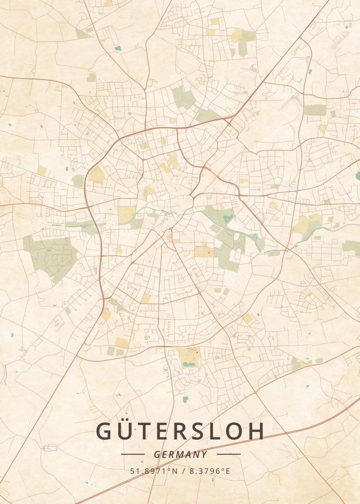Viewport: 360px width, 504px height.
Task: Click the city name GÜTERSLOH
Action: pos(181,431)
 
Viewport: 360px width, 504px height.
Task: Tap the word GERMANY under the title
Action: pos(181,454)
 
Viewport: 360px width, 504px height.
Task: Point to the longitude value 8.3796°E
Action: pos(210,471)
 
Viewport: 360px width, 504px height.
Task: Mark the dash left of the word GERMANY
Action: pos(132,454)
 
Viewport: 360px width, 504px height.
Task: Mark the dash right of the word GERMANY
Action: pos(229,454)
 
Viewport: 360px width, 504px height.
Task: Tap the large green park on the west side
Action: pos(50,254)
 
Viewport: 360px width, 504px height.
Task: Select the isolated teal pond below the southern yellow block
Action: pos(185,399)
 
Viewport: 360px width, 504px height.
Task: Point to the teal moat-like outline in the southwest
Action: pos(50,448)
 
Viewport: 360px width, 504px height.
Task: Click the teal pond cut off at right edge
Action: pos(358,175)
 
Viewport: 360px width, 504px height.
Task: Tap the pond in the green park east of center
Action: pos(228,218)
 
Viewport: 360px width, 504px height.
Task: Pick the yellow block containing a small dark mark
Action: pos(204,251)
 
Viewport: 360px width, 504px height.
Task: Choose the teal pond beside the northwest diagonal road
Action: pos(118,48)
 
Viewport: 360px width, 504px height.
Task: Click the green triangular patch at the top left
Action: pos(82,34)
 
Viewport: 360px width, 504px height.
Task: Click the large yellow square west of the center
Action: pos(126,214)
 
